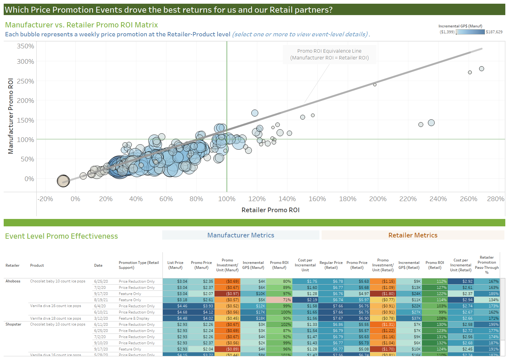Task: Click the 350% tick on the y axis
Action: (25, 46)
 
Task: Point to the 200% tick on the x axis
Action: (378, 199)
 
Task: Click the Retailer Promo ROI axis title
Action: (270, 210)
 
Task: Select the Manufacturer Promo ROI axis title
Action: (11, 116)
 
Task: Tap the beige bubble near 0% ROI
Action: (63, 181)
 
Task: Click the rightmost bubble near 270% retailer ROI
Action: (481, 69)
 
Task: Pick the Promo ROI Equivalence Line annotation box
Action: (329, 55)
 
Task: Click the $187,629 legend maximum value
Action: (494, 32)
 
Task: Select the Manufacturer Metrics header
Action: (241, 235)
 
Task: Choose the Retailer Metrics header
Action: (413, 235)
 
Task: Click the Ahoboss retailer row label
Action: (13, 281)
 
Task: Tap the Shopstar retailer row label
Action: (14, 324)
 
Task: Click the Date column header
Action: (98, 265)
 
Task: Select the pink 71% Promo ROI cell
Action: (279, 300)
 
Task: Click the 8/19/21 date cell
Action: (101, 300)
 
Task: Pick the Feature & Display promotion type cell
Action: (134, 318)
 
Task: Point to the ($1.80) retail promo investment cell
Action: (383, 294)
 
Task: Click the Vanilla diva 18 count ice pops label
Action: (56, 318)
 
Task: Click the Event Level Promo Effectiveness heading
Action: (62, 236)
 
